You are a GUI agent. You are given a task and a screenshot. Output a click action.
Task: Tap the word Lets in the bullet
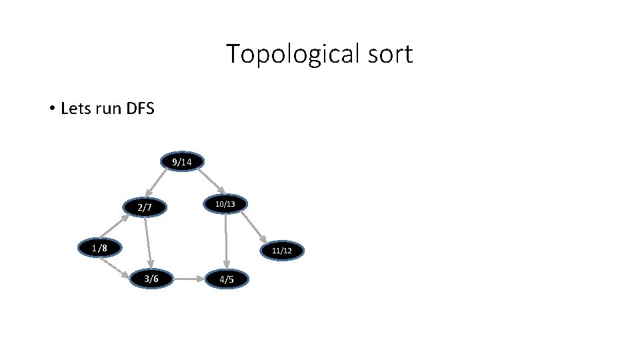point(75,108)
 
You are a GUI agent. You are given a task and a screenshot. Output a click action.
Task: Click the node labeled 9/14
point(181,162)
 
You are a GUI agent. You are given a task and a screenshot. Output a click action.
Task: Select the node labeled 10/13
point(225,203)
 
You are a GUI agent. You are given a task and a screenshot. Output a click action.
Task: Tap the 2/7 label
point(145,208)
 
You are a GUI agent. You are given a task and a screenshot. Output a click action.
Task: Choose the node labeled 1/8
point(99,249)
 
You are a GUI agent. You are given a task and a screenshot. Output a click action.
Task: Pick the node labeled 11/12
point(282,251)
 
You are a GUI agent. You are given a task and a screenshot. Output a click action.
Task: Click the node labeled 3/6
point(151,279)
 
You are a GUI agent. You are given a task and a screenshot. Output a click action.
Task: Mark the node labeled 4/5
point(227,279)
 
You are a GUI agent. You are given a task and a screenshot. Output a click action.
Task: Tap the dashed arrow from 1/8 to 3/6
point(115,267)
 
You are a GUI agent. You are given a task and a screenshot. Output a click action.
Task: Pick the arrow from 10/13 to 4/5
point(226,240)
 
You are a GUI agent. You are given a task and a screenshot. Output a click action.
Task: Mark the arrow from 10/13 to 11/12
point(255,227)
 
